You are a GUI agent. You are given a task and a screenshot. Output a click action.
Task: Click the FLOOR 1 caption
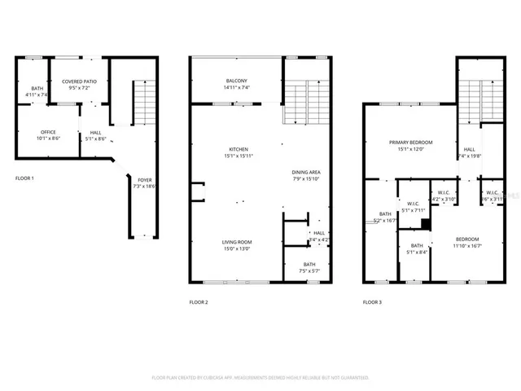[x=24, y=178]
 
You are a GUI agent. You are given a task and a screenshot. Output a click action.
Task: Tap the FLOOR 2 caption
[x=199, y=302]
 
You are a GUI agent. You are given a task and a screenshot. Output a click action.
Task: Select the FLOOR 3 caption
[x=372, y=302]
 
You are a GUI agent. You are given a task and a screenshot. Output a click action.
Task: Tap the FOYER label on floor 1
[x=143, y=180]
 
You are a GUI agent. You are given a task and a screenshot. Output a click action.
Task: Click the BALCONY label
[x=237, y=81]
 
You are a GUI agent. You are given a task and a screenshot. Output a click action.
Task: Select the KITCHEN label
[x=239, y=149]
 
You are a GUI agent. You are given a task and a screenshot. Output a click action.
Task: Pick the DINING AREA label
[x=306, y=172]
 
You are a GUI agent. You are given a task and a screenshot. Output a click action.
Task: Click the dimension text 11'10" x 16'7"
[x=467, y=245]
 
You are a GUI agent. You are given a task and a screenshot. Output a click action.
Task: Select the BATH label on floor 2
[x=309, y=264]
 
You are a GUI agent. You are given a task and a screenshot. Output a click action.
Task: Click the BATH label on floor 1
[x=37, y=88]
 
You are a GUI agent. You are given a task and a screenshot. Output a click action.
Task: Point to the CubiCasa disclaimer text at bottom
[x=260, y=378]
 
